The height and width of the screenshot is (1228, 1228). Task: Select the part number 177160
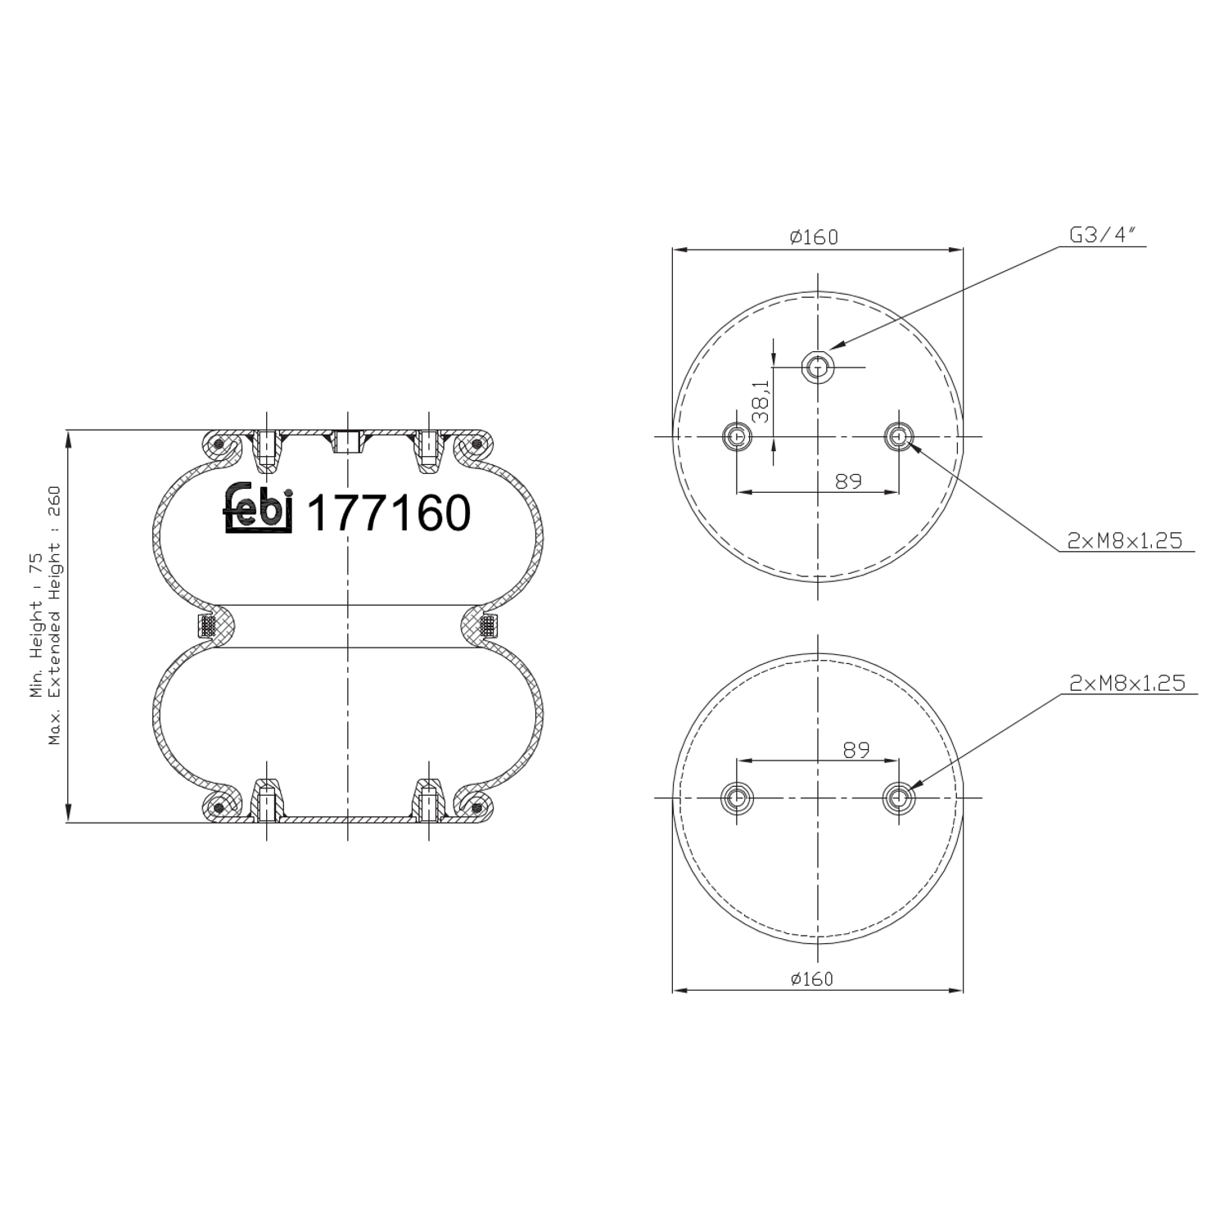coord(388,513)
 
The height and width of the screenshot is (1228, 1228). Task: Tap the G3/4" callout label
coord(1104,236)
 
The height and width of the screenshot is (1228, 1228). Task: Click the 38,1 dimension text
coord(760,400)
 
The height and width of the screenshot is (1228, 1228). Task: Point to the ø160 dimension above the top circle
coord(814,237)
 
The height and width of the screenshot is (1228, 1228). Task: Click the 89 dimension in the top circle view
coord(848,481)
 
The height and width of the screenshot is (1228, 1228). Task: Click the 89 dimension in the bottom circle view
coord(856,749)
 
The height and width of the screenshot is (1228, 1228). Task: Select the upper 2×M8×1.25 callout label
coord(1125,540)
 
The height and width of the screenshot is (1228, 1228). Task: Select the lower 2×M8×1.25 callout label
coord(1126,684)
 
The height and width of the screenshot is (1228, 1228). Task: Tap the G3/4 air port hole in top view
coord(817,368)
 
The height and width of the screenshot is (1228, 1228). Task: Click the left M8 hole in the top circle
coord(737,436)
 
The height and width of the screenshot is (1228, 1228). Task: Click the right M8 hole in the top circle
coord(899,436)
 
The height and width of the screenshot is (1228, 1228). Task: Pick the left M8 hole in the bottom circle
coord(736,797)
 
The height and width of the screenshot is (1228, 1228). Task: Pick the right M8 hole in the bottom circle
coord(898,797)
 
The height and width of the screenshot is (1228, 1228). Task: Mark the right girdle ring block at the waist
coord(489,626)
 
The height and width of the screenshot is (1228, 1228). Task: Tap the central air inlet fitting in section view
coord(347,442)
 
